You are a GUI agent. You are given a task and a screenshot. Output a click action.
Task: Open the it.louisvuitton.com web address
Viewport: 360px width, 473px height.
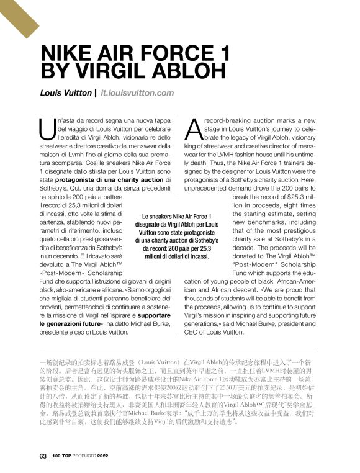(137, 93)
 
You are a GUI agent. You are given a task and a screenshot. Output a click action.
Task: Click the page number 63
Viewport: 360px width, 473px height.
(43, 456)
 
